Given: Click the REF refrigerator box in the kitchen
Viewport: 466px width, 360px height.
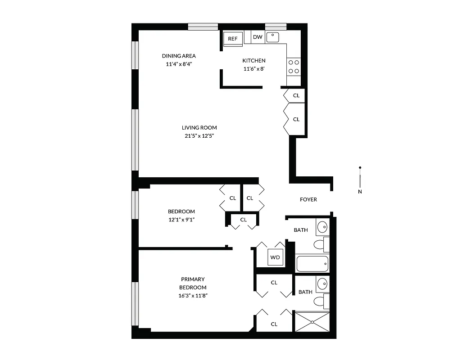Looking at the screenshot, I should pyautogui.click(x=232, y=39).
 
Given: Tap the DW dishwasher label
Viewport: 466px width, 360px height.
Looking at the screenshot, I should pyautogui.click(x=258, y=37).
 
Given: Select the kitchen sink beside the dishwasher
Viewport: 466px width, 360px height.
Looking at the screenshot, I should pyautogui.click(x=273, y=37).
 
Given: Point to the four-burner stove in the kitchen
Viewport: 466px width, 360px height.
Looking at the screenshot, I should pyautogui.click(x=294, y=67).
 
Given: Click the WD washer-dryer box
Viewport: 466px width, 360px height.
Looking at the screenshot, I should pyautogui.click(x=275, y=257).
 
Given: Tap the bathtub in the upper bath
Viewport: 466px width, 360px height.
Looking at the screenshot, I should pyautogui.click(x=312, y=264).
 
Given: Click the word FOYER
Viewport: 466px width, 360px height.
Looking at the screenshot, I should pyautogui.click(x=308, y=199).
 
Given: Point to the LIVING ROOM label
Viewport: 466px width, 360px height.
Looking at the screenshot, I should pyautogui.click(x=199, y=127).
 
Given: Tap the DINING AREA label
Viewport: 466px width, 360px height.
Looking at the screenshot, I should pyautogui.click(x=179, y=56).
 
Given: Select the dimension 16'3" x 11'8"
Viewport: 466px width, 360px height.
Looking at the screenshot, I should pyautogui.click(x=193, y=296).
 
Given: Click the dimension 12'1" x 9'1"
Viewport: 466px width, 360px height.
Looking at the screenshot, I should pyautogui.click(x=181, y=220).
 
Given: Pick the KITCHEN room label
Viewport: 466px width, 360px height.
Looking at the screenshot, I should pyautogui.click(x=254, y=61).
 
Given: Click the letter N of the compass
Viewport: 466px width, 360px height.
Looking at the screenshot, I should pyautogui.click(x=360, y=191).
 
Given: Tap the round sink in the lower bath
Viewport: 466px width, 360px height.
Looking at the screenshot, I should pyautogui.click(x=322, y=284).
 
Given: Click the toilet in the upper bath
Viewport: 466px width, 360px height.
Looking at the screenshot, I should pyautogui.click(x=319, y=245).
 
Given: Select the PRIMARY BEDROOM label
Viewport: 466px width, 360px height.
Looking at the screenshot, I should pyautogui.click(x=193, y=283).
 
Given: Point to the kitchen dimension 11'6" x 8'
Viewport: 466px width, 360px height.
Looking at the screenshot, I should pyautogui.click(x=253, y=69).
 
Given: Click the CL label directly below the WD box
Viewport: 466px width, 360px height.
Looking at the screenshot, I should pyautogui.click(x=274, y=283).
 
